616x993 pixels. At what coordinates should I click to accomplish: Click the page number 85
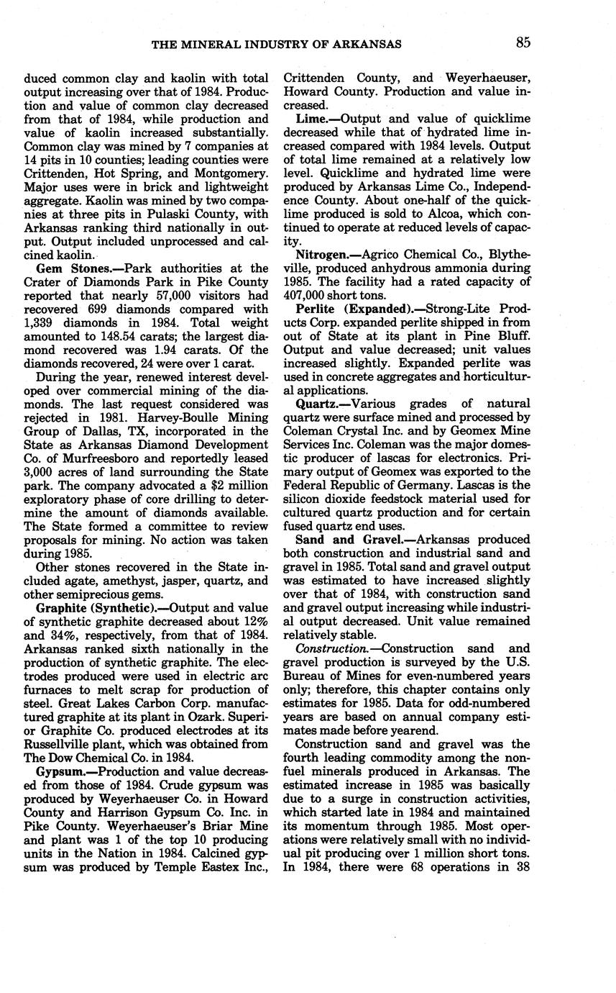click(523, 42)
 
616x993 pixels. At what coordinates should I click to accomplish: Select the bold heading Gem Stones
click(65, 268)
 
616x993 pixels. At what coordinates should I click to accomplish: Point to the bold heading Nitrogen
click(322, 255)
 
